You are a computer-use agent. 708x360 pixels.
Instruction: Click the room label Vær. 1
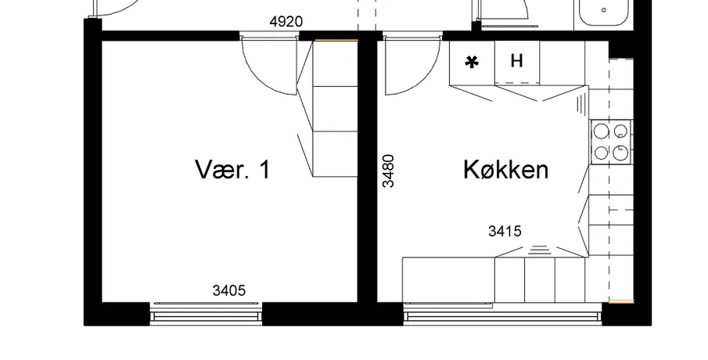(232, 169)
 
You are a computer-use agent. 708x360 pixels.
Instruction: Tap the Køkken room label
(505, 170)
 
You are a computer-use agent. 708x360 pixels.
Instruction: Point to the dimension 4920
(286, 22)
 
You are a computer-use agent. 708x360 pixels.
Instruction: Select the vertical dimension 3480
(388, 171)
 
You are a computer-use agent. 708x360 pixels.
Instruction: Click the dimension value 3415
(505, 232)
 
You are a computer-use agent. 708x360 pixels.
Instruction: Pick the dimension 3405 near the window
(229, 290)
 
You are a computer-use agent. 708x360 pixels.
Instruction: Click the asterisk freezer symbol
(472, 63)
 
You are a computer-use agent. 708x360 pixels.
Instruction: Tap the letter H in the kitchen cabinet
(516, 60)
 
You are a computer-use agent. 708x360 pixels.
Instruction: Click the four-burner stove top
(611, 142)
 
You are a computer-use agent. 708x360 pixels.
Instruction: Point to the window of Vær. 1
(206, 311)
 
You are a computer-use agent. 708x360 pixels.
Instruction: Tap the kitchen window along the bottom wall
(502, 312)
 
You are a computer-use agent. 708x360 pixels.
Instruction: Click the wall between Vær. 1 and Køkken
(368, 171)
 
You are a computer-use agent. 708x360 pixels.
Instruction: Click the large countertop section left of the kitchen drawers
(448, 279)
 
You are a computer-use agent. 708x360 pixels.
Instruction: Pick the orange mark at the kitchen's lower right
(621, 301)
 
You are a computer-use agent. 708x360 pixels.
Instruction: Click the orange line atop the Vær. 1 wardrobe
(336, 41)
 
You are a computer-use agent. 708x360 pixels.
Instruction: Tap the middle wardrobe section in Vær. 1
(335, 109)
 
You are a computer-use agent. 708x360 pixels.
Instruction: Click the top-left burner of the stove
(601, 131)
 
